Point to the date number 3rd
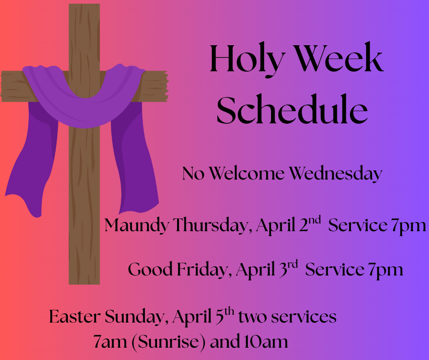click(287, 268)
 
